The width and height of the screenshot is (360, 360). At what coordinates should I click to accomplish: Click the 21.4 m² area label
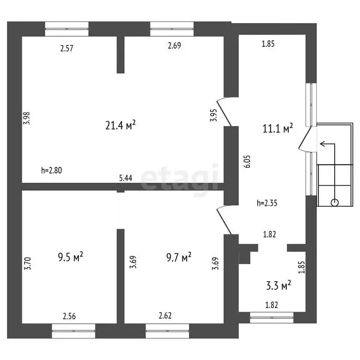[x=120, y=125]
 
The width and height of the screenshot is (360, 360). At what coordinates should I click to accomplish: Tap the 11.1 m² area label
[x=277, y=128]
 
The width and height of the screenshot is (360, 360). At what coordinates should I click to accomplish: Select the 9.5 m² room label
[x=70, y=257]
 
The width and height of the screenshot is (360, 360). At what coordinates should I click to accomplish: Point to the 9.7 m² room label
[x=179, y=257]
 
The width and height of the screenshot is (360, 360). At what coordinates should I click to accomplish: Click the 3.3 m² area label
[x=278, y=285]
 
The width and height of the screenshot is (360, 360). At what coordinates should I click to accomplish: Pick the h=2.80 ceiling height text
[x=52, y=170]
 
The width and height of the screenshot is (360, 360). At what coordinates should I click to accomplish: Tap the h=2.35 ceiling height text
[x=267, y=203]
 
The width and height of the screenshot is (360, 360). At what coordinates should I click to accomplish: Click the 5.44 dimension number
[x=126, y=178]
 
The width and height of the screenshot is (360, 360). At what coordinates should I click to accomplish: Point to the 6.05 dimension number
[x=247, y=162]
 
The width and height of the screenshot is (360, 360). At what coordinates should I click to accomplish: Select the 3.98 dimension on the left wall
[x=27, y=118]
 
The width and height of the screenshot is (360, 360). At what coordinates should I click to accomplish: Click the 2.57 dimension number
[x=67, y=48]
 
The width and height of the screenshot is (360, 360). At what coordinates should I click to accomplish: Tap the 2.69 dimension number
[x=174, y=45]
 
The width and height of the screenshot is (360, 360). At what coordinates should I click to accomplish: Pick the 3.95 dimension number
[x=213, y=115]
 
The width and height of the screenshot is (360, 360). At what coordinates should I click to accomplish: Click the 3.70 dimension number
[x=27, y=263]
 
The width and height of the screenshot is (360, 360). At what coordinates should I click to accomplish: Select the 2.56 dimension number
[x=69, y=316]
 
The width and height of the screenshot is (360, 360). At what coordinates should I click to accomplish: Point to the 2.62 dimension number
[x=165, y=315]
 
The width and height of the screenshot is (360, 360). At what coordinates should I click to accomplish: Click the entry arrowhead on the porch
[x=322, y=144]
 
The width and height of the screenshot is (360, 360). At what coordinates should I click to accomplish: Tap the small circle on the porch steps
[x=335, y=202]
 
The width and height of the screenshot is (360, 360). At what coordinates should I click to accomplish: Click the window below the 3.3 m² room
[x=271, y=317]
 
